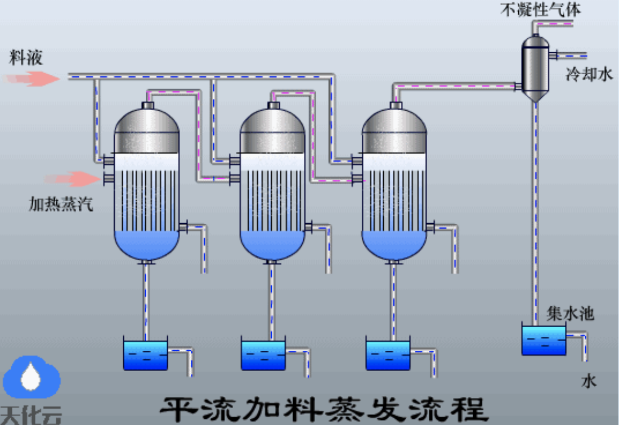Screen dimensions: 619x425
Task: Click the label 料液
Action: [x=26, y=57]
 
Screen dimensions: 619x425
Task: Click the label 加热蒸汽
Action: [x=61, y=204]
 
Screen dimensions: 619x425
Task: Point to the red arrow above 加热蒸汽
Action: [x=73, y=179]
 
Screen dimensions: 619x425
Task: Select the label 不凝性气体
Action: [x=540, y=10]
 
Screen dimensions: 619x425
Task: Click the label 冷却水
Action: [x=589, y=74]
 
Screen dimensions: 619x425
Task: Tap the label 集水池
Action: [x=570, y=314]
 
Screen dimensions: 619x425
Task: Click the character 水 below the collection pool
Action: [x=589, y=381]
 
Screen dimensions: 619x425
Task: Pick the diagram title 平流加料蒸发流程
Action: [x=324, y=410]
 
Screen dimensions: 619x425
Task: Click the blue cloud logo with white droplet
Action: [x=31, y=377]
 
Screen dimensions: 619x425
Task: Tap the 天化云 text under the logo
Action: [x=31, y=415]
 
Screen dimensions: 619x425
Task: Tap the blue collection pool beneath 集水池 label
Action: [x=544, y=341]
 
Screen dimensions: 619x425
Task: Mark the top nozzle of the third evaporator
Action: [x=396, y=105]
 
